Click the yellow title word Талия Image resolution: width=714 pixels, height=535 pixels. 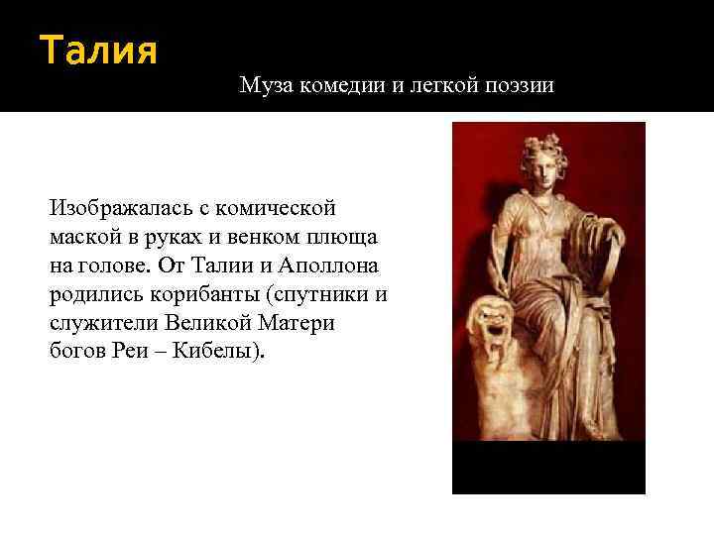point(98,50)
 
